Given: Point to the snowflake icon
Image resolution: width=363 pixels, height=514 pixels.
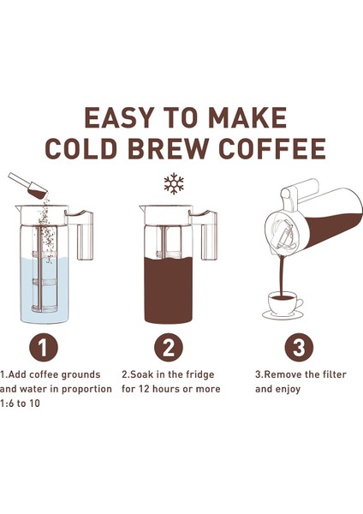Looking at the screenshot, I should coord(174,183).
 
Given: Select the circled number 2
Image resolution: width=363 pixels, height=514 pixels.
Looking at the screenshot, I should coord(170,348).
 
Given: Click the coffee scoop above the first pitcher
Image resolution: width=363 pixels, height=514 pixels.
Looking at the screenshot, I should coord(26,184).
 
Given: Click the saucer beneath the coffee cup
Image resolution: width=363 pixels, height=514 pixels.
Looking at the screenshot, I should coord(283,314).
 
